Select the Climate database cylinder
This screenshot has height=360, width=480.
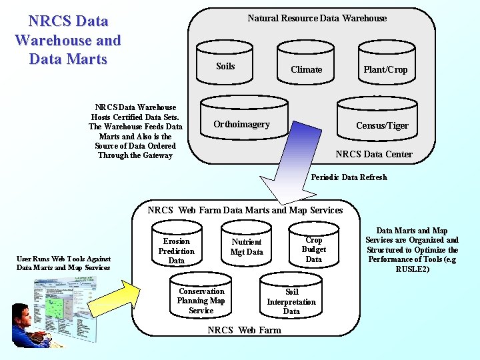click(306, 67)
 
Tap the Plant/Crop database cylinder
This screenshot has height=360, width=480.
click(385, 67)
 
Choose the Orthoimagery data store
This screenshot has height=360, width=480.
click(241, 122)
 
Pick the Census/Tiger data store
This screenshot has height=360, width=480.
click(382, 123)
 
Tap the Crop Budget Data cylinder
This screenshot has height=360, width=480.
click(313, 249)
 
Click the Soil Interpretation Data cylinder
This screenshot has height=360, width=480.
click(291, 301)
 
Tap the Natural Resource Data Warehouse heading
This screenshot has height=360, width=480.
click(317, 18)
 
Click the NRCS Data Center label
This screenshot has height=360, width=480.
click(373, 154)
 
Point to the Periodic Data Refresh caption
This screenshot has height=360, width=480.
click(349, 177)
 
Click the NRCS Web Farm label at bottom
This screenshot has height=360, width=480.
click(244, 330)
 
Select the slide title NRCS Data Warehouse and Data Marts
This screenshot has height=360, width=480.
click(67, 40)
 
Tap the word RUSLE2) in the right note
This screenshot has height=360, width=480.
click(413, 269)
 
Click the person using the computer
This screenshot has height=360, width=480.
click(27, 324)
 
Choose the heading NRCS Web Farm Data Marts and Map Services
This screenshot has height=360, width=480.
click(245, 210)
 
